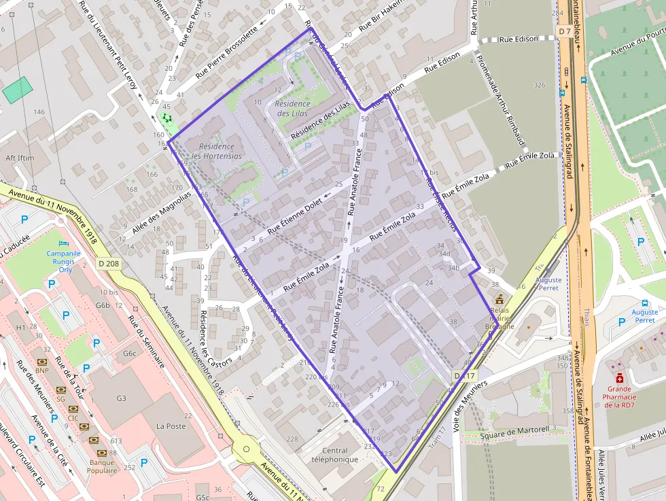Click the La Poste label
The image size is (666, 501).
tap(171, 426)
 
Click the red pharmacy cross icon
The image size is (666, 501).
tap(619, 378)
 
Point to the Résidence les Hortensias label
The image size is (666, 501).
tap(217, 151)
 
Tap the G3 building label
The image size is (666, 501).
tap(122, 398)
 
